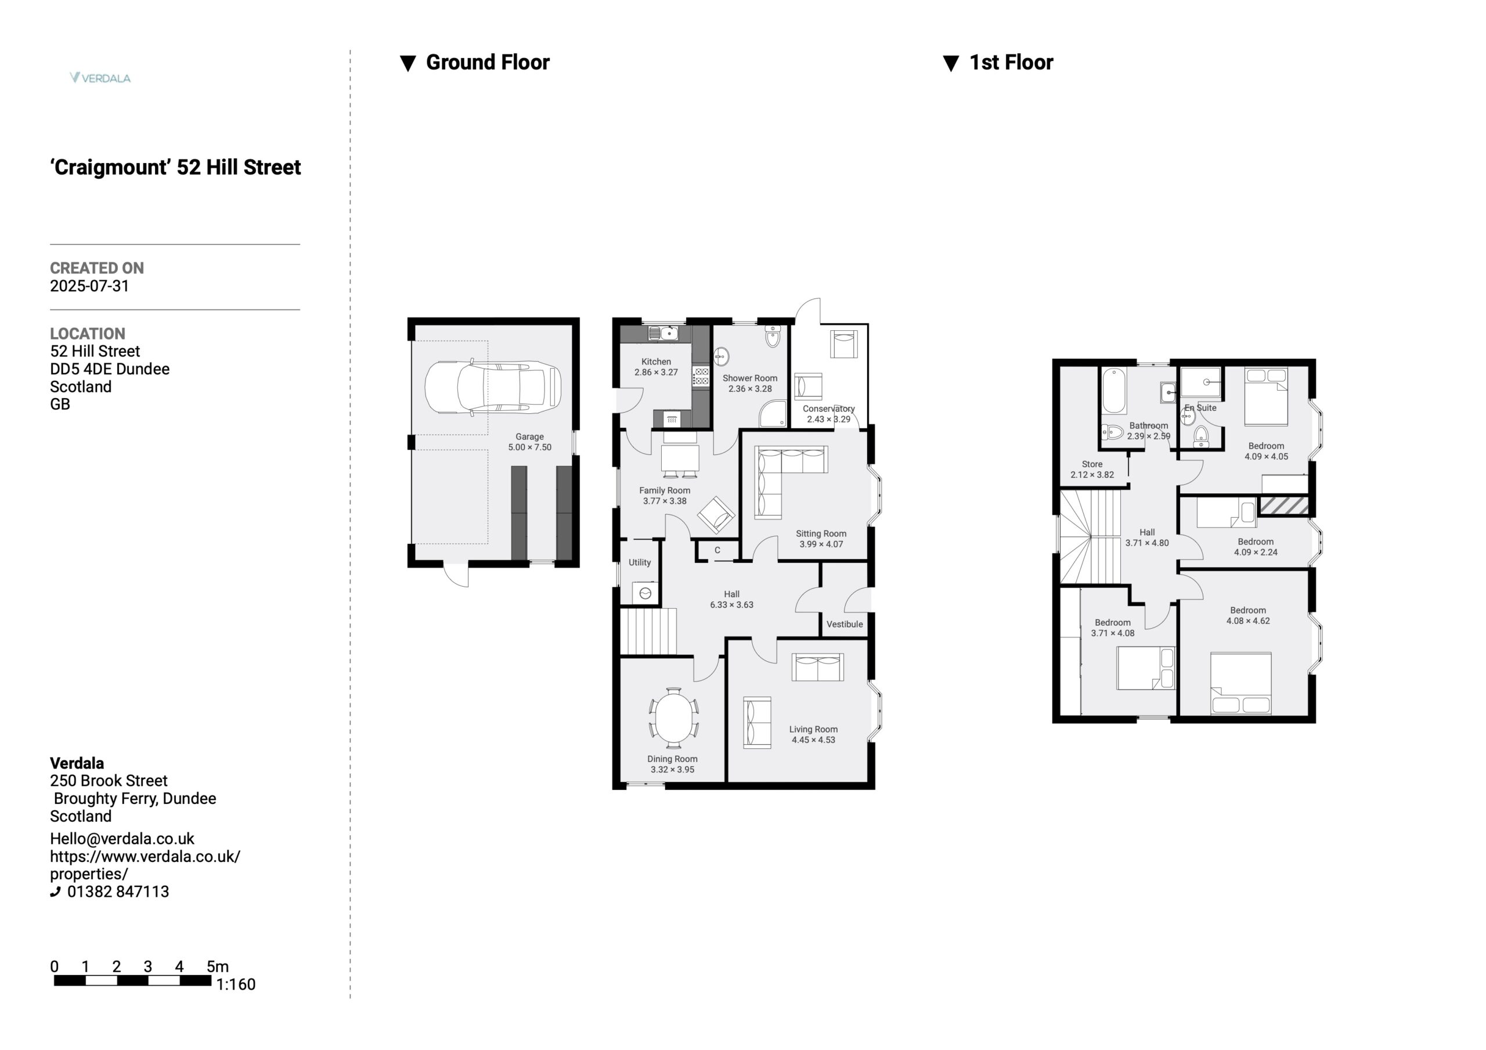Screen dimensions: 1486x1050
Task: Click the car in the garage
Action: (493, 387)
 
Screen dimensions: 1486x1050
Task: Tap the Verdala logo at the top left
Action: (100, 78)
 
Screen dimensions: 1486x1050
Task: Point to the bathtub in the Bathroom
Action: (1114, 391)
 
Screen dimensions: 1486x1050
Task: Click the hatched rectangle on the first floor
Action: (1283, 506)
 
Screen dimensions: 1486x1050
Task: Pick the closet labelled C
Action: (717, 550)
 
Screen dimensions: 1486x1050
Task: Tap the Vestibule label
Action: (845, 624)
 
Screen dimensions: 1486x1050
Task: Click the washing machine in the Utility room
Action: (645, 592)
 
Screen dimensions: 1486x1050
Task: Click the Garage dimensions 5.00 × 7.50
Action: (529, 448)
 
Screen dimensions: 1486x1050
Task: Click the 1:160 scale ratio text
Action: (236, 984)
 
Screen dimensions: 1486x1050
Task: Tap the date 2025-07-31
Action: (89, 286)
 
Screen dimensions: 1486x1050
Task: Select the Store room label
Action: (1092, 464)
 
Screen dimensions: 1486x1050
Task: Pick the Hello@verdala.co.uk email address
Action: (122, 838)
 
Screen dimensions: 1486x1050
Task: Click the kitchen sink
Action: (662, 333)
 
